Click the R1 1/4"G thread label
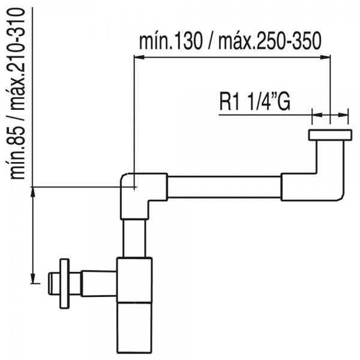tap(255, 102)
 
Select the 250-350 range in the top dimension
tap(289, 41)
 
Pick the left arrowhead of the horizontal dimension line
tap(139, 57)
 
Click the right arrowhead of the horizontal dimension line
tap(325, 57)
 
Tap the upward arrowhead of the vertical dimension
tap(33, 192)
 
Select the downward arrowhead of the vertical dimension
tap(33, 278)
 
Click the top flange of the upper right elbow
tap(330, 135)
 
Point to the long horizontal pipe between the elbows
tap(224, 187)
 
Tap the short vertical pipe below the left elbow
tap(134, 238)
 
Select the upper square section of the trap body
tap(134, 280)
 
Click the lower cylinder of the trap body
tap(134, 328)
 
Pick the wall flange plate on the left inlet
tap(65, 284)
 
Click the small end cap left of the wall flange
tap(54, 284)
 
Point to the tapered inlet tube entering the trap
tap(99, 284)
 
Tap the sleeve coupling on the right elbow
tap(299, 187)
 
